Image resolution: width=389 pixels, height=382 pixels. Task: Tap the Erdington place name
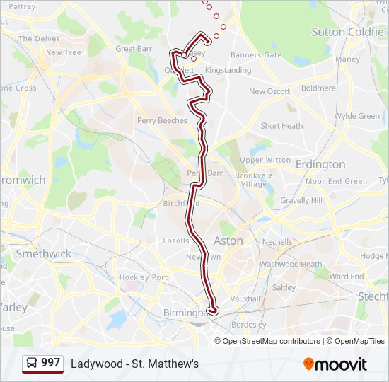tap(320, 164)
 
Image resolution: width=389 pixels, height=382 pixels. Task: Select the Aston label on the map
tap(228, 241)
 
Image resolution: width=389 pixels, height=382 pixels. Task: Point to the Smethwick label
tap(43, 253)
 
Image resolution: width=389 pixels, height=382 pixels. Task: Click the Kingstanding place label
tap(228, 71)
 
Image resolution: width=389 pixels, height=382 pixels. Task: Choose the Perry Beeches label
tap(163, 121)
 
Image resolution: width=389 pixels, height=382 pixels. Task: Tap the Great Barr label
tap(134, 49)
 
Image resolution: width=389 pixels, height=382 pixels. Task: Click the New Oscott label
tap(269, 92)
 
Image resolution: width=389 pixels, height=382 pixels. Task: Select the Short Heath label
tap(281, 126)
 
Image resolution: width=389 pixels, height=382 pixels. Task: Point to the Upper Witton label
tap(265, 161)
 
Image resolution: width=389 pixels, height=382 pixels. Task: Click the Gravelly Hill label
tap(301, 201)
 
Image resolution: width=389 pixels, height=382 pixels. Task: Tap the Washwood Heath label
tap(291, 265)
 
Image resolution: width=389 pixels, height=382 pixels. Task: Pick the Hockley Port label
tap(144, 277)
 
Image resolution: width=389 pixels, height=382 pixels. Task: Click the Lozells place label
tap(176, 241)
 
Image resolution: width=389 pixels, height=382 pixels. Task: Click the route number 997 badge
tap(50, 363)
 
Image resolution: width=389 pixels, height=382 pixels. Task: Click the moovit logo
tap(335, 364)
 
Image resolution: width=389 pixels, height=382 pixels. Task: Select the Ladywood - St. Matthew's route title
tap(134, 364)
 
